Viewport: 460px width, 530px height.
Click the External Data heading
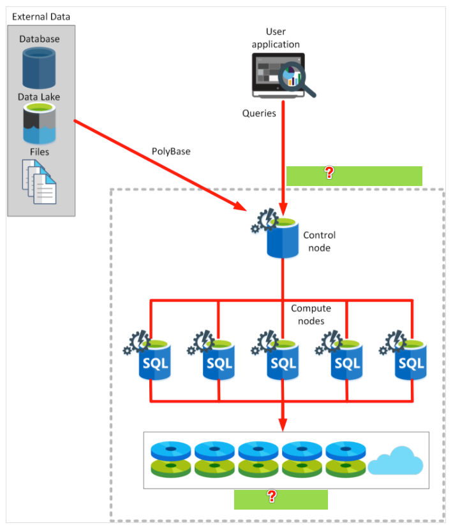41,17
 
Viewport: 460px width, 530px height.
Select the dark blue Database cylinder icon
39,68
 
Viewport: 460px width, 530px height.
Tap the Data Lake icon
40,124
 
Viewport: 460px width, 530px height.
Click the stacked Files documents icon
40,182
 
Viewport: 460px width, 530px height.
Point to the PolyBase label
171,152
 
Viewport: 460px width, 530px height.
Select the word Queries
259,113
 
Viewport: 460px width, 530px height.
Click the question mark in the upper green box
329,173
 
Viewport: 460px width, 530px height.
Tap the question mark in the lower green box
271,496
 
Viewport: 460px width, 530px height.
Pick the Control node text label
319,241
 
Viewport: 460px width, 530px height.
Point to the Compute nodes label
311,314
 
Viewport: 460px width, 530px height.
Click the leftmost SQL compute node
147,355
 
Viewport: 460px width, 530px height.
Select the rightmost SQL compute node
403,355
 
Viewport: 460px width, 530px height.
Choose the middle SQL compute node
275,355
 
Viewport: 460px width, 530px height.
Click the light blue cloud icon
396,461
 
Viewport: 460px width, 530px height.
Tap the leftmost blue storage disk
171,450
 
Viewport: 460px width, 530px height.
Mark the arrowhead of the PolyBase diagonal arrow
241,206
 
